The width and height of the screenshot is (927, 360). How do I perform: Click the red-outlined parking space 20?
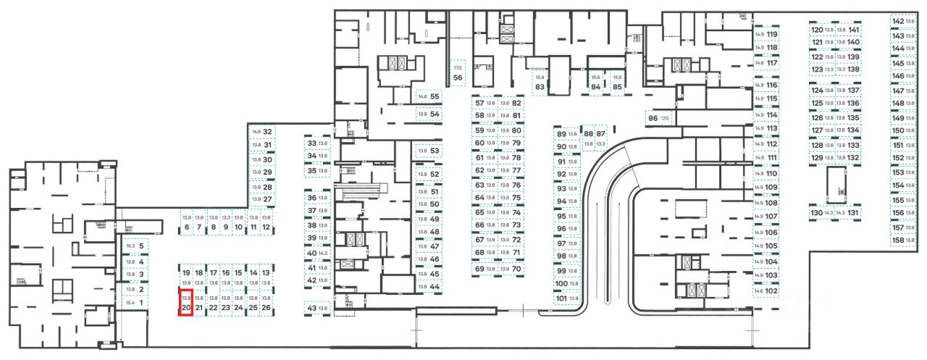click(185, 303)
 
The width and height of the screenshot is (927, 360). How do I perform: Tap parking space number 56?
click(458, 72)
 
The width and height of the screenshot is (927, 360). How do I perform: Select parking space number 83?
click(540, 82)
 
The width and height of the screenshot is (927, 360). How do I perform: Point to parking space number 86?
click(658, 118)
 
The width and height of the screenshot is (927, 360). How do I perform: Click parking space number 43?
click(318, 309)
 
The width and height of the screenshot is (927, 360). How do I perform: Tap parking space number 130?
click(821, 213)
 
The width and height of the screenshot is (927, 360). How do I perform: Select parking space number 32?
click(262, 132)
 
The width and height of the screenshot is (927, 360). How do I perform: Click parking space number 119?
click(766, 34)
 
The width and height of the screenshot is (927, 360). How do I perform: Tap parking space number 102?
click(766, 291)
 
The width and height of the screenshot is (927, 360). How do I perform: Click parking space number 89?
click(566, 134)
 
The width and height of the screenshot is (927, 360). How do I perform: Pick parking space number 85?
click(617, 82)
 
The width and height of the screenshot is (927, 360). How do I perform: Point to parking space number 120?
click(823, 30)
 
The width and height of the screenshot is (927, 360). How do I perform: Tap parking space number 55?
click(428, 96)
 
